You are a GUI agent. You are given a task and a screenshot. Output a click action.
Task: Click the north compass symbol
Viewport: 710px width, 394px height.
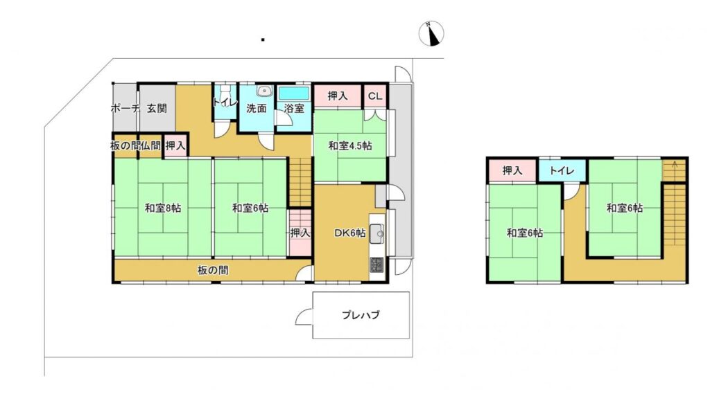[x=433, y=33]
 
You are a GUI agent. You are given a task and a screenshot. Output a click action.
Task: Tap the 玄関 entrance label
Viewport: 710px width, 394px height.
[x=156, y=108]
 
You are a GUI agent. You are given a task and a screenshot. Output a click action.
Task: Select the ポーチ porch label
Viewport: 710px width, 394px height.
[x=125, y=108]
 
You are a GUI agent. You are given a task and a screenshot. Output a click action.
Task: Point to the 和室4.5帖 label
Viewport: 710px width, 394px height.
[x=350, y=145]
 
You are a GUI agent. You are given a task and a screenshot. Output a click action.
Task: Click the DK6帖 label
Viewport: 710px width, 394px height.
[x=350, y=233]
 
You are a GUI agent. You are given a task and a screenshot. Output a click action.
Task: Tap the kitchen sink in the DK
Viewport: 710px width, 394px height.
[x=376, y=234]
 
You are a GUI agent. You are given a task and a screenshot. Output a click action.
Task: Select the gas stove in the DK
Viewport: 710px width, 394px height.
[x=376, y=265]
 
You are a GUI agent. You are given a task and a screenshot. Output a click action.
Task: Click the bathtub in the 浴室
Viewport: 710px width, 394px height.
[x=293, y=93]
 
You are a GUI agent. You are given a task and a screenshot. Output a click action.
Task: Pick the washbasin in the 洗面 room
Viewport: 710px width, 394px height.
[x=263, y=91]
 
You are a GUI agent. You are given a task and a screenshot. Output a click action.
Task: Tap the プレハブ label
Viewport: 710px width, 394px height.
[x=361, y=315]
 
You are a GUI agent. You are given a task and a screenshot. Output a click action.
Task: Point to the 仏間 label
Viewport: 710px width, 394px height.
[x=153, y=145]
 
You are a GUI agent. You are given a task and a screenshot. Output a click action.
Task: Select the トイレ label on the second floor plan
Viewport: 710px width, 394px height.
[x=562, y=170]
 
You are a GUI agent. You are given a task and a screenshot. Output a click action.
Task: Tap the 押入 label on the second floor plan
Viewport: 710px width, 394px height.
[x=512, y=170]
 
